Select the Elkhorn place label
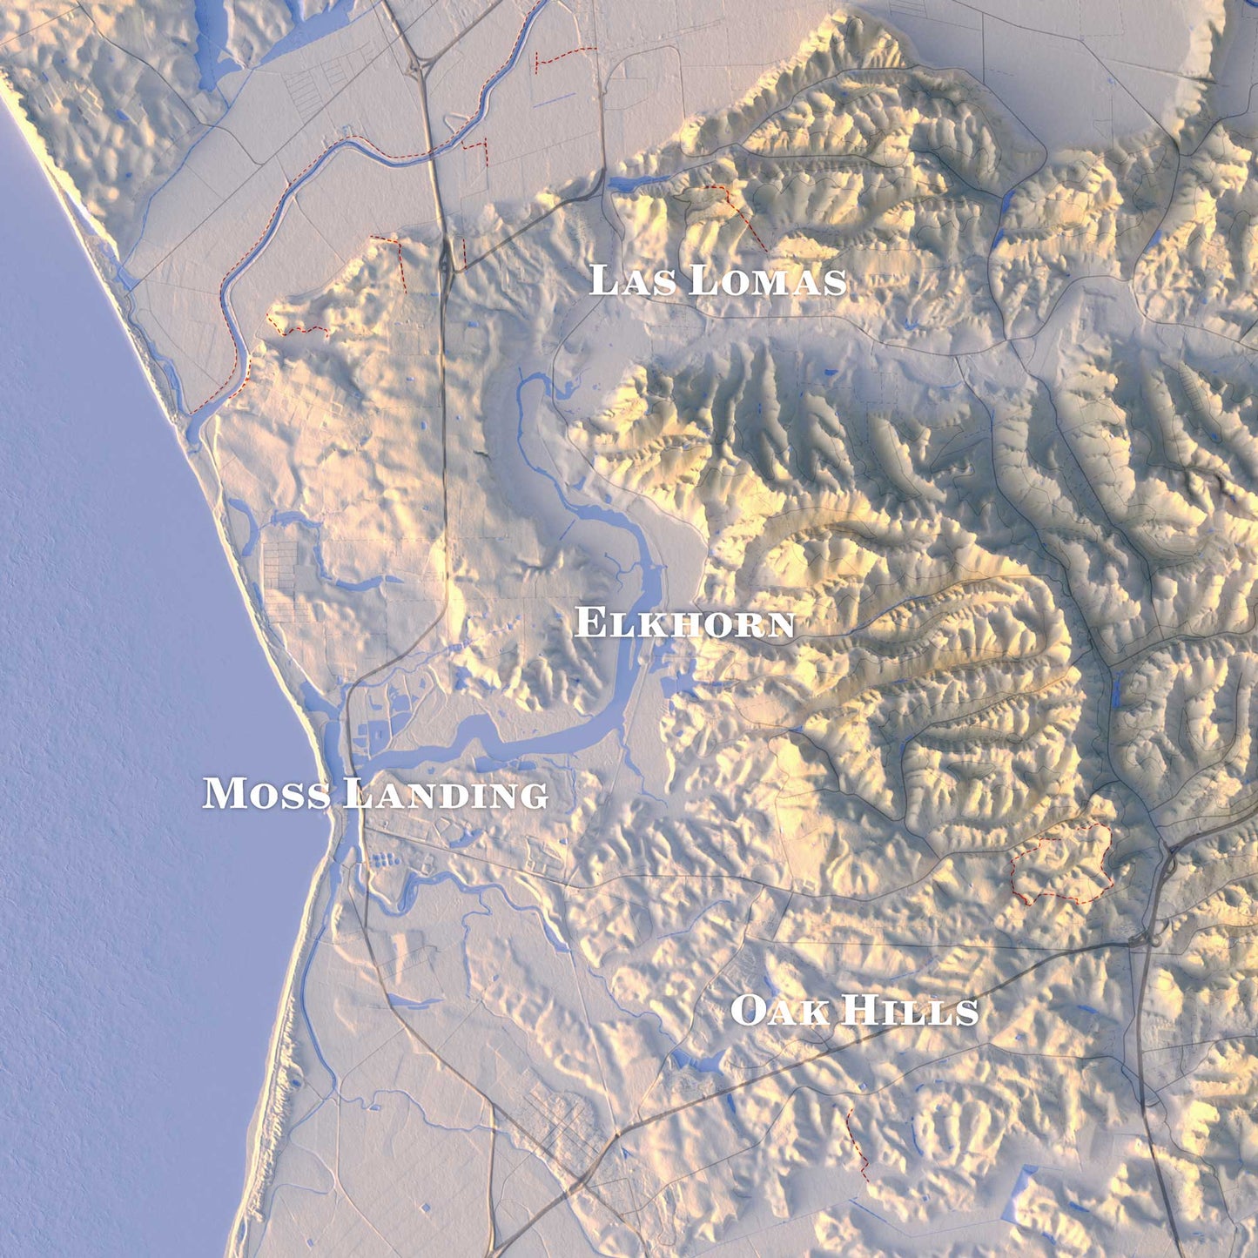tap(684, 623)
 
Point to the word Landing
tap(446, 794)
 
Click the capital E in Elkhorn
tap(589, 623)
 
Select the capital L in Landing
tap(355, 793)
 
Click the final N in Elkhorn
tap(780, 624)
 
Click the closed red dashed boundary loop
tap(1062, 862)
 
